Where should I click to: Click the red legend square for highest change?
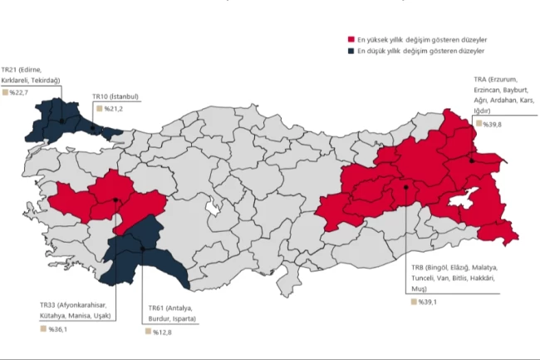coord(351,39)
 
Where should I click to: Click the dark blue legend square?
coord(351,50)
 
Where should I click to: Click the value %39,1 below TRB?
coord(425,302)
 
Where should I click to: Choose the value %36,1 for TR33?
coord(57,329)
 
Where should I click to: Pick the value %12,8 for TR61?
coord(164,332)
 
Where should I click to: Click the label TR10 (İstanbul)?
coord(116,96)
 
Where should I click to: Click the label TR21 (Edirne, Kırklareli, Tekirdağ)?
coord(31,75)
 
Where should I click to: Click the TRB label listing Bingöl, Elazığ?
coord(454,279)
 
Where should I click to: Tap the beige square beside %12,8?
coord(149,332)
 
